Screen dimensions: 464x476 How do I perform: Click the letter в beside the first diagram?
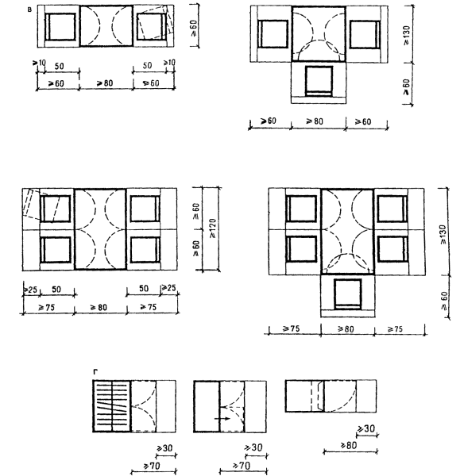[29, 10]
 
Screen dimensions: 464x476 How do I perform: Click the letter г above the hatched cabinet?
[95, 371]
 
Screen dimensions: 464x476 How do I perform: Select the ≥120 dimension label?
[213, 228]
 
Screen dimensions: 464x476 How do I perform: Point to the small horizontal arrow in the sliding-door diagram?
[222, 419]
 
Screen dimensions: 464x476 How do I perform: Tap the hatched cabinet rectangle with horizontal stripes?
[112, 406]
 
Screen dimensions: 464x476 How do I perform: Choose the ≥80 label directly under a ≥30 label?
[349, 445]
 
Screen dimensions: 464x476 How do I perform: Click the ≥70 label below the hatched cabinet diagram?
[152, 466]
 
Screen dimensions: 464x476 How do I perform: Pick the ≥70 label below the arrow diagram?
[242, 465]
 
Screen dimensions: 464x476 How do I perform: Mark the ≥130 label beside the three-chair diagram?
[407, 36]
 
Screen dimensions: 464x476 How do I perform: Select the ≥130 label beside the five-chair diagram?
[443, 234]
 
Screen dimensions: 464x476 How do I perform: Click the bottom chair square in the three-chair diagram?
[319, 81]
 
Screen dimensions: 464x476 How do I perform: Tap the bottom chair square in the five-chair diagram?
[348, 294]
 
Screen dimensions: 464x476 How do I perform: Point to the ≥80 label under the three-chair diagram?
[315, 121]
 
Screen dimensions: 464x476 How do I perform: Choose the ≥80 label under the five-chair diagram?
[346, 328]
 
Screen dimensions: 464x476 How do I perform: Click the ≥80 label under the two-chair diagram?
[105, 83]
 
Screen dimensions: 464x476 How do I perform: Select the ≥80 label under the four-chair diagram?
[99, 307]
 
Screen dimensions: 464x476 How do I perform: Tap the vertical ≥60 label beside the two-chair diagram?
[194, 28]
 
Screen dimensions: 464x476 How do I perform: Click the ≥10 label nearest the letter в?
[39, 63]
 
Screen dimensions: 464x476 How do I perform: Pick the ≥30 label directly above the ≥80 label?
[366, 428]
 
